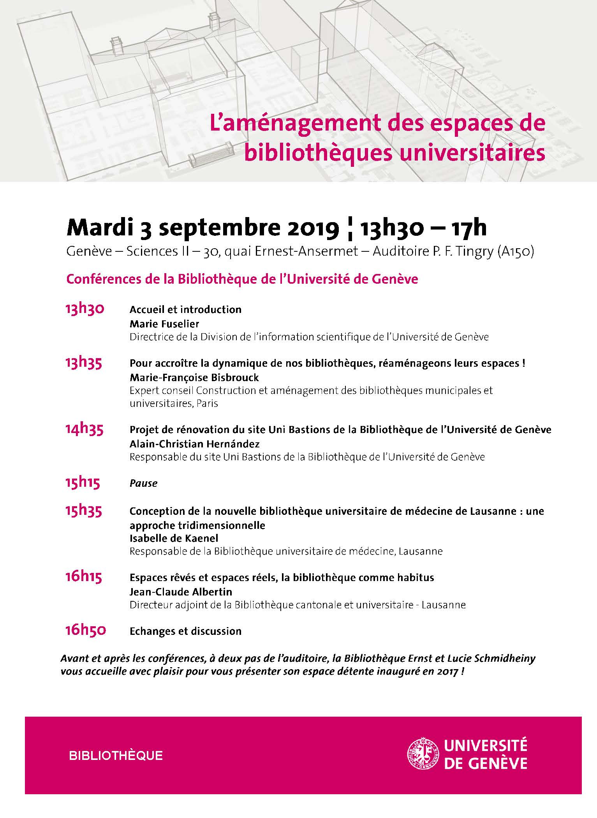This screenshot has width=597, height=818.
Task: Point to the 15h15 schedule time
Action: pyautogui.click(x=83, y=483)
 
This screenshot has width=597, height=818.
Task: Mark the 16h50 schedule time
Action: pyautogui.click(x=85, y=631)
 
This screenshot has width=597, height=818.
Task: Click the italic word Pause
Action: pyautogui.click(x=143, y=483)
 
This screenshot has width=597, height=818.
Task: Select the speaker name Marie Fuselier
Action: pyautogui.click(x=164, y=323)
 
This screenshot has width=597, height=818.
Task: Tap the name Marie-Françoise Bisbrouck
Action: pyautogui.click(x=194, y=377)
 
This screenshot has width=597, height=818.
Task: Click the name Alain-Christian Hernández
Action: pyautogui.click(x=194, y=443)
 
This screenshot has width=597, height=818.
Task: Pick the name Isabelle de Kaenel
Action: pyautogui.click(x=174, y=538)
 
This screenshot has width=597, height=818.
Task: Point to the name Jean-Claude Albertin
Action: pyautogui.click(x=181, y=592)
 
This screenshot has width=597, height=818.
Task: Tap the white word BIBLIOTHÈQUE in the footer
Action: pyautogui.click(x=116, y=756)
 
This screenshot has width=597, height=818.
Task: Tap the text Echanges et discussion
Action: pyautogui.click(x=185, y=631)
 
